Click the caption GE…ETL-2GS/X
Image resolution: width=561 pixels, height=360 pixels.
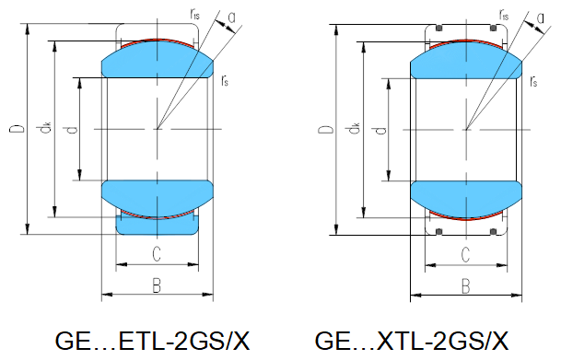pyautogui.click(x=152, y=341)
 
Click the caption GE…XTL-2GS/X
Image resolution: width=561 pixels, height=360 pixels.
pyautogui.click(x=412, y=341)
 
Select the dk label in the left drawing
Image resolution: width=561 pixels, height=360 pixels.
pyautogui.click(x=45, y=128)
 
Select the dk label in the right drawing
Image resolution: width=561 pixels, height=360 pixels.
pyautogui.click(x=354, y=128)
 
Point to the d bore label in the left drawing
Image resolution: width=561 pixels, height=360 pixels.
pyautogui.click(x=72, y=129)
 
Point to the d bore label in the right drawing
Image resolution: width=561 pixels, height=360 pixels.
pyautogui.click(x=381, y=130)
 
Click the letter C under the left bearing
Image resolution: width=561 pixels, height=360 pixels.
pyautogui.click(x=157, y=254)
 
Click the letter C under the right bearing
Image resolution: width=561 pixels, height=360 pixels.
pyautogui.click(x=465, y=255)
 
